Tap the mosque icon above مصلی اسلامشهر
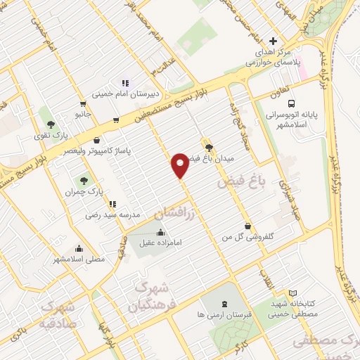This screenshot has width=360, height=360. pyautogui.click(x=79, y=248)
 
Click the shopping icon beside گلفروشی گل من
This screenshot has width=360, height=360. pyautogui.click(x=247, y=226)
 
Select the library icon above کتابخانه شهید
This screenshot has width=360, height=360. pyautogui.click(x=293, y=292)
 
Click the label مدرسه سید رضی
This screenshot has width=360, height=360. pyautogui.click(x=113, y=214)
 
